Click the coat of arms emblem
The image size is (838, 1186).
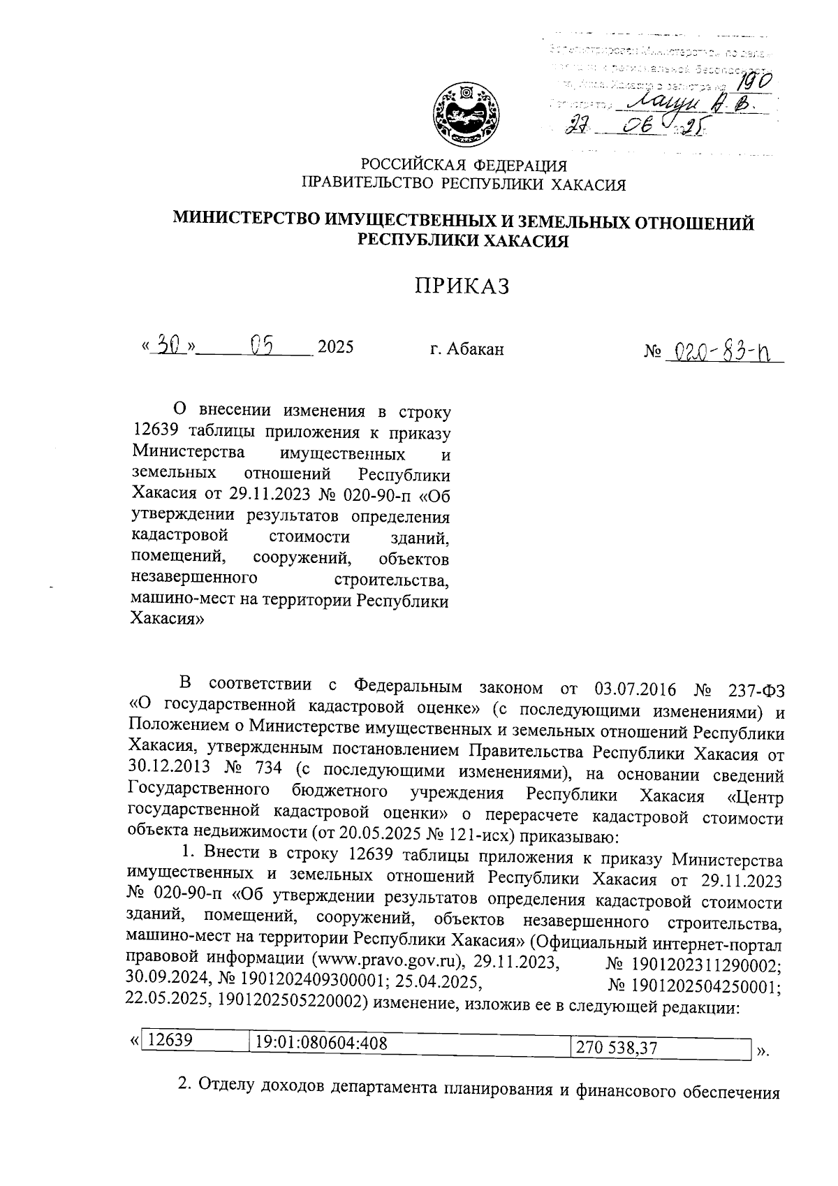pos(464,114)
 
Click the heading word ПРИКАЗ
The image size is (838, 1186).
pos(462,286)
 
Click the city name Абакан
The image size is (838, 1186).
pos(467,349)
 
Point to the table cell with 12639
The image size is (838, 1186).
pos(171,1039)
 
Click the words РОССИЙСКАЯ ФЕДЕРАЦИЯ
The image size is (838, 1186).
pos(464,166)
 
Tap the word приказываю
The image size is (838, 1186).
pos(566,835)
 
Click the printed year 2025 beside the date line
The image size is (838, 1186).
pos(336,347)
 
